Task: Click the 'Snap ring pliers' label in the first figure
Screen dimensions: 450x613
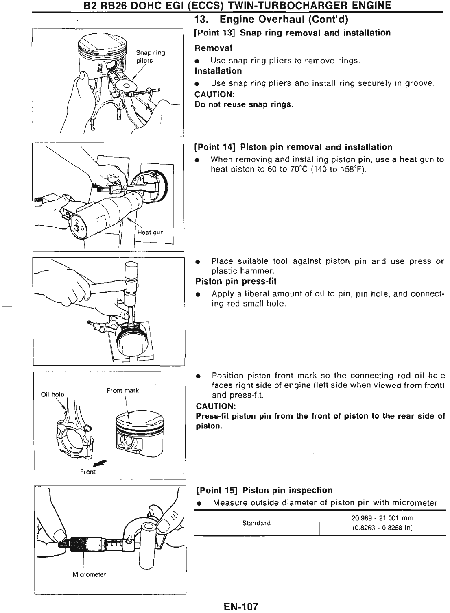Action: tap(150, 57)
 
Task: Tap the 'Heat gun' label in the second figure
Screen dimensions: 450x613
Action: tap(151, 232)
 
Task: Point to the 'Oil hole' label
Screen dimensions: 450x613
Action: tap(52, 394)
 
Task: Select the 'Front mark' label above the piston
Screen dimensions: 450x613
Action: tap(122, 390)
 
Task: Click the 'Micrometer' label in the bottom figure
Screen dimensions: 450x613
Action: tap(89, 574)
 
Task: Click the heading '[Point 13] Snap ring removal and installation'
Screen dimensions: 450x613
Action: tap(293, 33)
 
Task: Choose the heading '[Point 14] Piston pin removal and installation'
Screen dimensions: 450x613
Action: tap(293, 147)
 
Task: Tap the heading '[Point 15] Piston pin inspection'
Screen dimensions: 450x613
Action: tap(264, 490)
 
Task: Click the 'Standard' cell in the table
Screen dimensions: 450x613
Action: tap(256, 523)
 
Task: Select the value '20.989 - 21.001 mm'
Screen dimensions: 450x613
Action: tap(382, 518)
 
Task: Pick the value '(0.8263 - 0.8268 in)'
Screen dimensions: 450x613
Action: tap(382, 528)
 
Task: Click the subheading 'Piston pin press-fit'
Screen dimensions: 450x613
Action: tap(236, 281)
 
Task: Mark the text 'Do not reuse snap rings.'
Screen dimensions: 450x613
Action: tap(244, 104)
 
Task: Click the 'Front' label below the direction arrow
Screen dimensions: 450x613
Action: tap(88, 472)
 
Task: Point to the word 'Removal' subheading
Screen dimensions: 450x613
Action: tap(214, 48)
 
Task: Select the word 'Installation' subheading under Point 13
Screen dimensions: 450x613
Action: tap(218, 71)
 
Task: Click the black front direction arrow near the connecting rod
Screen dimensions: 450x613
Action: tap(98, 462)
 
